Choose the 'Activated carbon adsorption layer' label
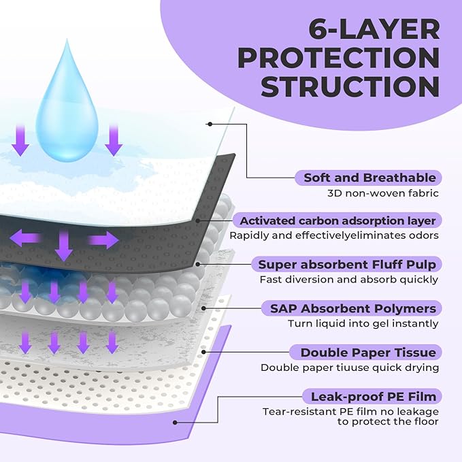coord(337,220)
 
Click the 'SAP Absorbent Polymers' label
coord(350,308)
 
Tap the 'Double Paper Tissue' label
coord(359,352)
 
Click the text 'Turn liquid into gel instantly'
coord(363,324)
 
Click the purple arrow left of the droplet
coord(20,140)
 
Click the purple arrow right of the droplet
coord(114,140)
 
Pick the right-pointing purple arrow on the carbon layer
coord(103,240)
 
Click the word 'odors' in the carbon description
coord(423,236)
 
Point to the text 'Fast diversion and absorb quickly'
coord(349,280)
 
